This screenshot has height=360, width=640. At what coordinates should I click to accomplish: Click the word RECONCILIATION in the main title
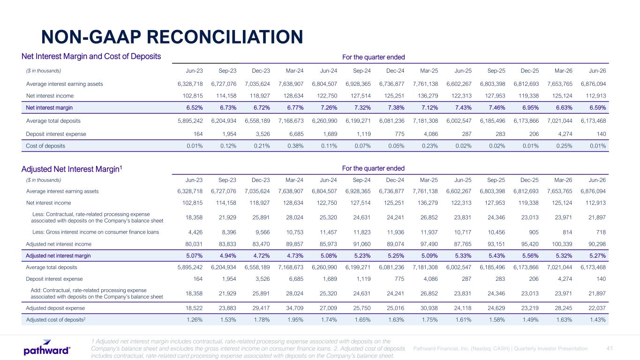pyautogui.click(x=225, y=37)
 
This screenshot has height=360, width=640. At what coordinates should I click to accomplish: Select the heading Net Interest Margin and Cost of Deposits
pyautogui.click(x=91, y=56)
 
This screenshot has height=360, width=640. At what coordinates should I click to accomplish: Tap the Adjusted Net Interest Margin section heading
pyautogui.click(x=72, y=169)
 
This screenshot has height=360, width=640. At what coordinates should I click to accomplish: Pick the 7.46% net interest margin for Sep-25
pyautogui.click(x=497, y=108)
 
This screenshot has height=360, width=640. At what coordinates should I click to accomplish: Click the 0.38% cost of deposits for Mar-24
pyautogui.click(x=295, y=146)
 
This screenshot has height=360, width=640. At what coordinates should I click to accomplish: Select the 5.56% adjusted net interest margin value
pyautogui.click(x=530, y=256)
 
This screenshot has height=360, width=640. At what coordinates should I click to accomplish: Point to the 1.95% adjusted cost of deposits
pyautogui.click(x=295, y=320)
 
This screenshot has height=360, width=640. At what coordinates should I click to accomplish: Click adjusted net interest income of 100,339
pyautogui.click(x=562, y=244)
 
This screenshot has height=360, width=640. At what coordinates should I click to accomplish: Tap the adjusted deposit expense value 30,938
pyautogui.click(x=429, y=308)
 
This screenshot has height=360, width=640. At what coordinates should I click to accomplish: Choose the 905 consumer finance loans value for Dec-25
pyautogui.click(x=534, y=232)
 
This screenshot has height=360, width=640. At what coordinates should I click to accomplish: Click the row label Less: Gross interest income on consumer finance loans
pyautogui.click(x=96, y=232)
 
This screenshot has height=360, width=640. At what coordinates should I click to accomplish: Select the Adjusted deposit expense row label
pyautogui.click(x=55, y=308)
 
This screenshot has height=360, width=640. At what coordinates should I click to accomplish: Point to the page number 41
pyautogui.click(x=610, y=348)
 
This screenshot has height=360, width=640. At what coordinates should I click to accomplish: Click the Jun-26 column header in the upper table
pyautogui.click(x=597, y=71)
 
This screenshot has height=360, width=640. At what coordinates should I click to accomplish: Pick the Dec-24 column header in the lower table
pyautogui.click(x=395, y=180)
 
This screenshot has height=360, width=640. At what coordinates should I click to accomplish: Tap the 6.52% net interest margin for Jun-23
pyautogui.click(x=195, y=108)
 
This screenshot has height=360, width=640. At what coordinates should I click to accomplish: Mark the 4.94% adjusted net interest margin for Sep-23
pyautogui.click(x=228, y=256)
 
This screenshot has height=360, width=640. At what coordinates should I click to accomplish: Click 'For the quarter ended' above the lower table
pyautogui.click(x=373, y=168)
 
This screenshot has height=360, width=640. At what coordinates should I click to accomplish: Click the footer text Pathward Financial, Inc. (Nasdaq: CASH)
pyautogui.click(x=461, y=349)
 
